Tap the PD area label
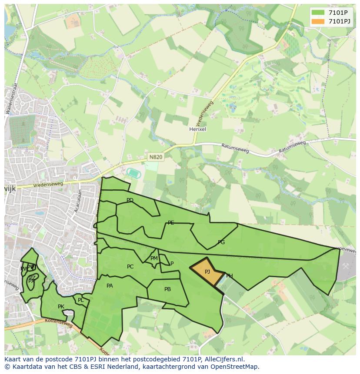click(130, 200)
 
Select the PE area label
click(171, 223)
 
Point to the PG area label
click(221, 242)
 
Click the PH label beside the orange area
click(229, 276)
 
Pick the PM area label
click(154, 258)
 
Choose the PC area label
click(130, 267)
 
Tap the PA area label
click(110, 286)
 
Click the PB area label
click(167, 289)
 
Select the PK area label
click(61, 307)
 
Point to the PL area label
click(80, 300)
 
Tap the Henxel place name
click(197, 129)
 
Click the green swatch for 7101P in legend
click(318, 13)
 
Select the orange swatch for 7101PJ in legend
click(318, 21)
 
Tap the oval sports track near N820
click(133, 172)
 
